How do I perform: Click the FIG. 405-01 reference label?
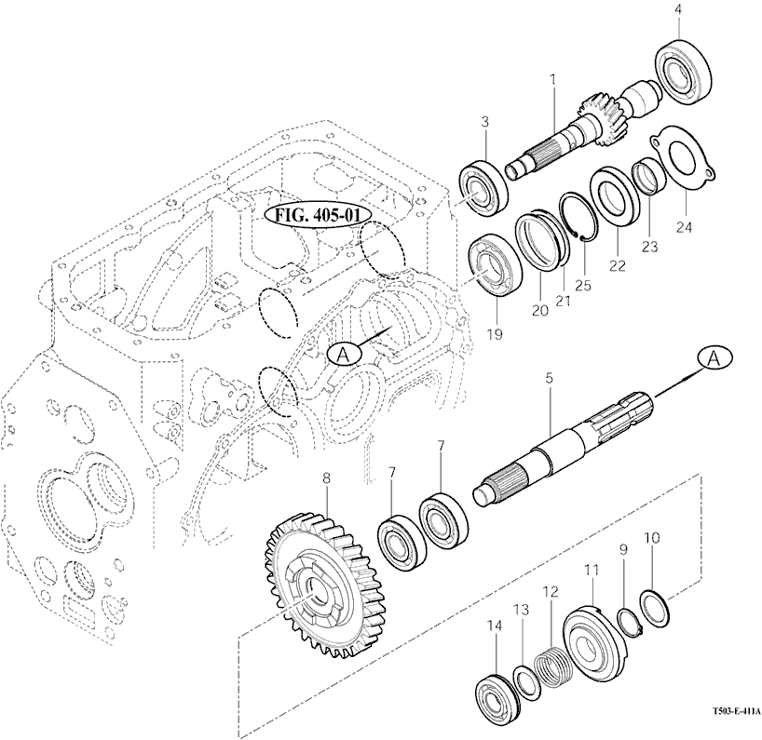[x=318, y=214]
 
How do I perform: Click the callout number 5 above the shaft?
[x=550, y=378]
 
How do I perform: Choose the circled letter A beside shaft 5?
[x=715, y=357]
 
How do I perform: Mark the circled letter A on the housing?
[x=341, y=353]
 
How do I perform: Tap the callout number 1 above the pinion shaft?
[x=552, y=81]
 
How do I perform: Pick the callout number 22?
[x=616, y=265]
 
